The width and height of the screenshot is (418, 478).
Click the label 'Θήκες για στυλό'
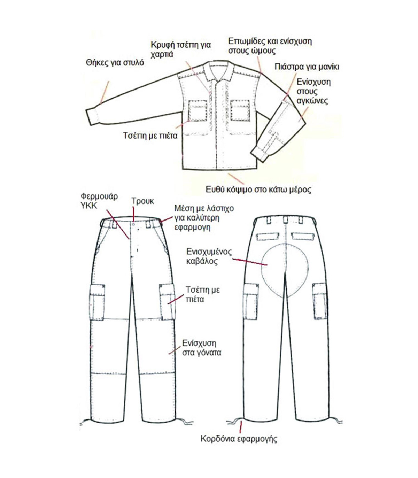115,63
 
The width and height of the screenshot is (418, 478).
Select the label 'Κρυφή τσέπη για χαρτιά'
180,49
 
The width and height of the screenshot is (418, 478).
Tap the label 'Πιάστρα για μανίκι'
307,67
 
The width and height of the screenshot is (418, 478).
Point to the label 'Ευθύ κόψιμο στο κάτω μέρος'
258,190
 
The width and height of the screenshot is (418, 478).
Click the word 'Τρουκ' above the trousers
142,201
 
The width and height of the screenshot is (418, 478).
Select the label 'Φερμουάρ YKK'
99,201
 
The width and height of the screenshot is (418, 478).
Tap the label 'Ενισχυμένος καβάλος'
209,256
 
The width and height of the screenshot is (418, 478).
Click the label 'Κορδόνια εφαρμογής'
239,439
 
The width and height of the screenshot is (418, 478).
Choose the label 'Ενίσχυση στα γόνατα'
202,348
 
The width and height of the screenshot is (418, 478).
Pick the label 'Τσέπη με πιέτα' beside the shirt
150,135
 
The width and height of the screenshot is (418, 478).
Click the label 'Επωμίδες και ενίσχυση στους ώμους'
270,46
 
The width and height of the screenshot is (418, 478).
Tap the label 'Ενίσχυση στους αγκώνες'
313,91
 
